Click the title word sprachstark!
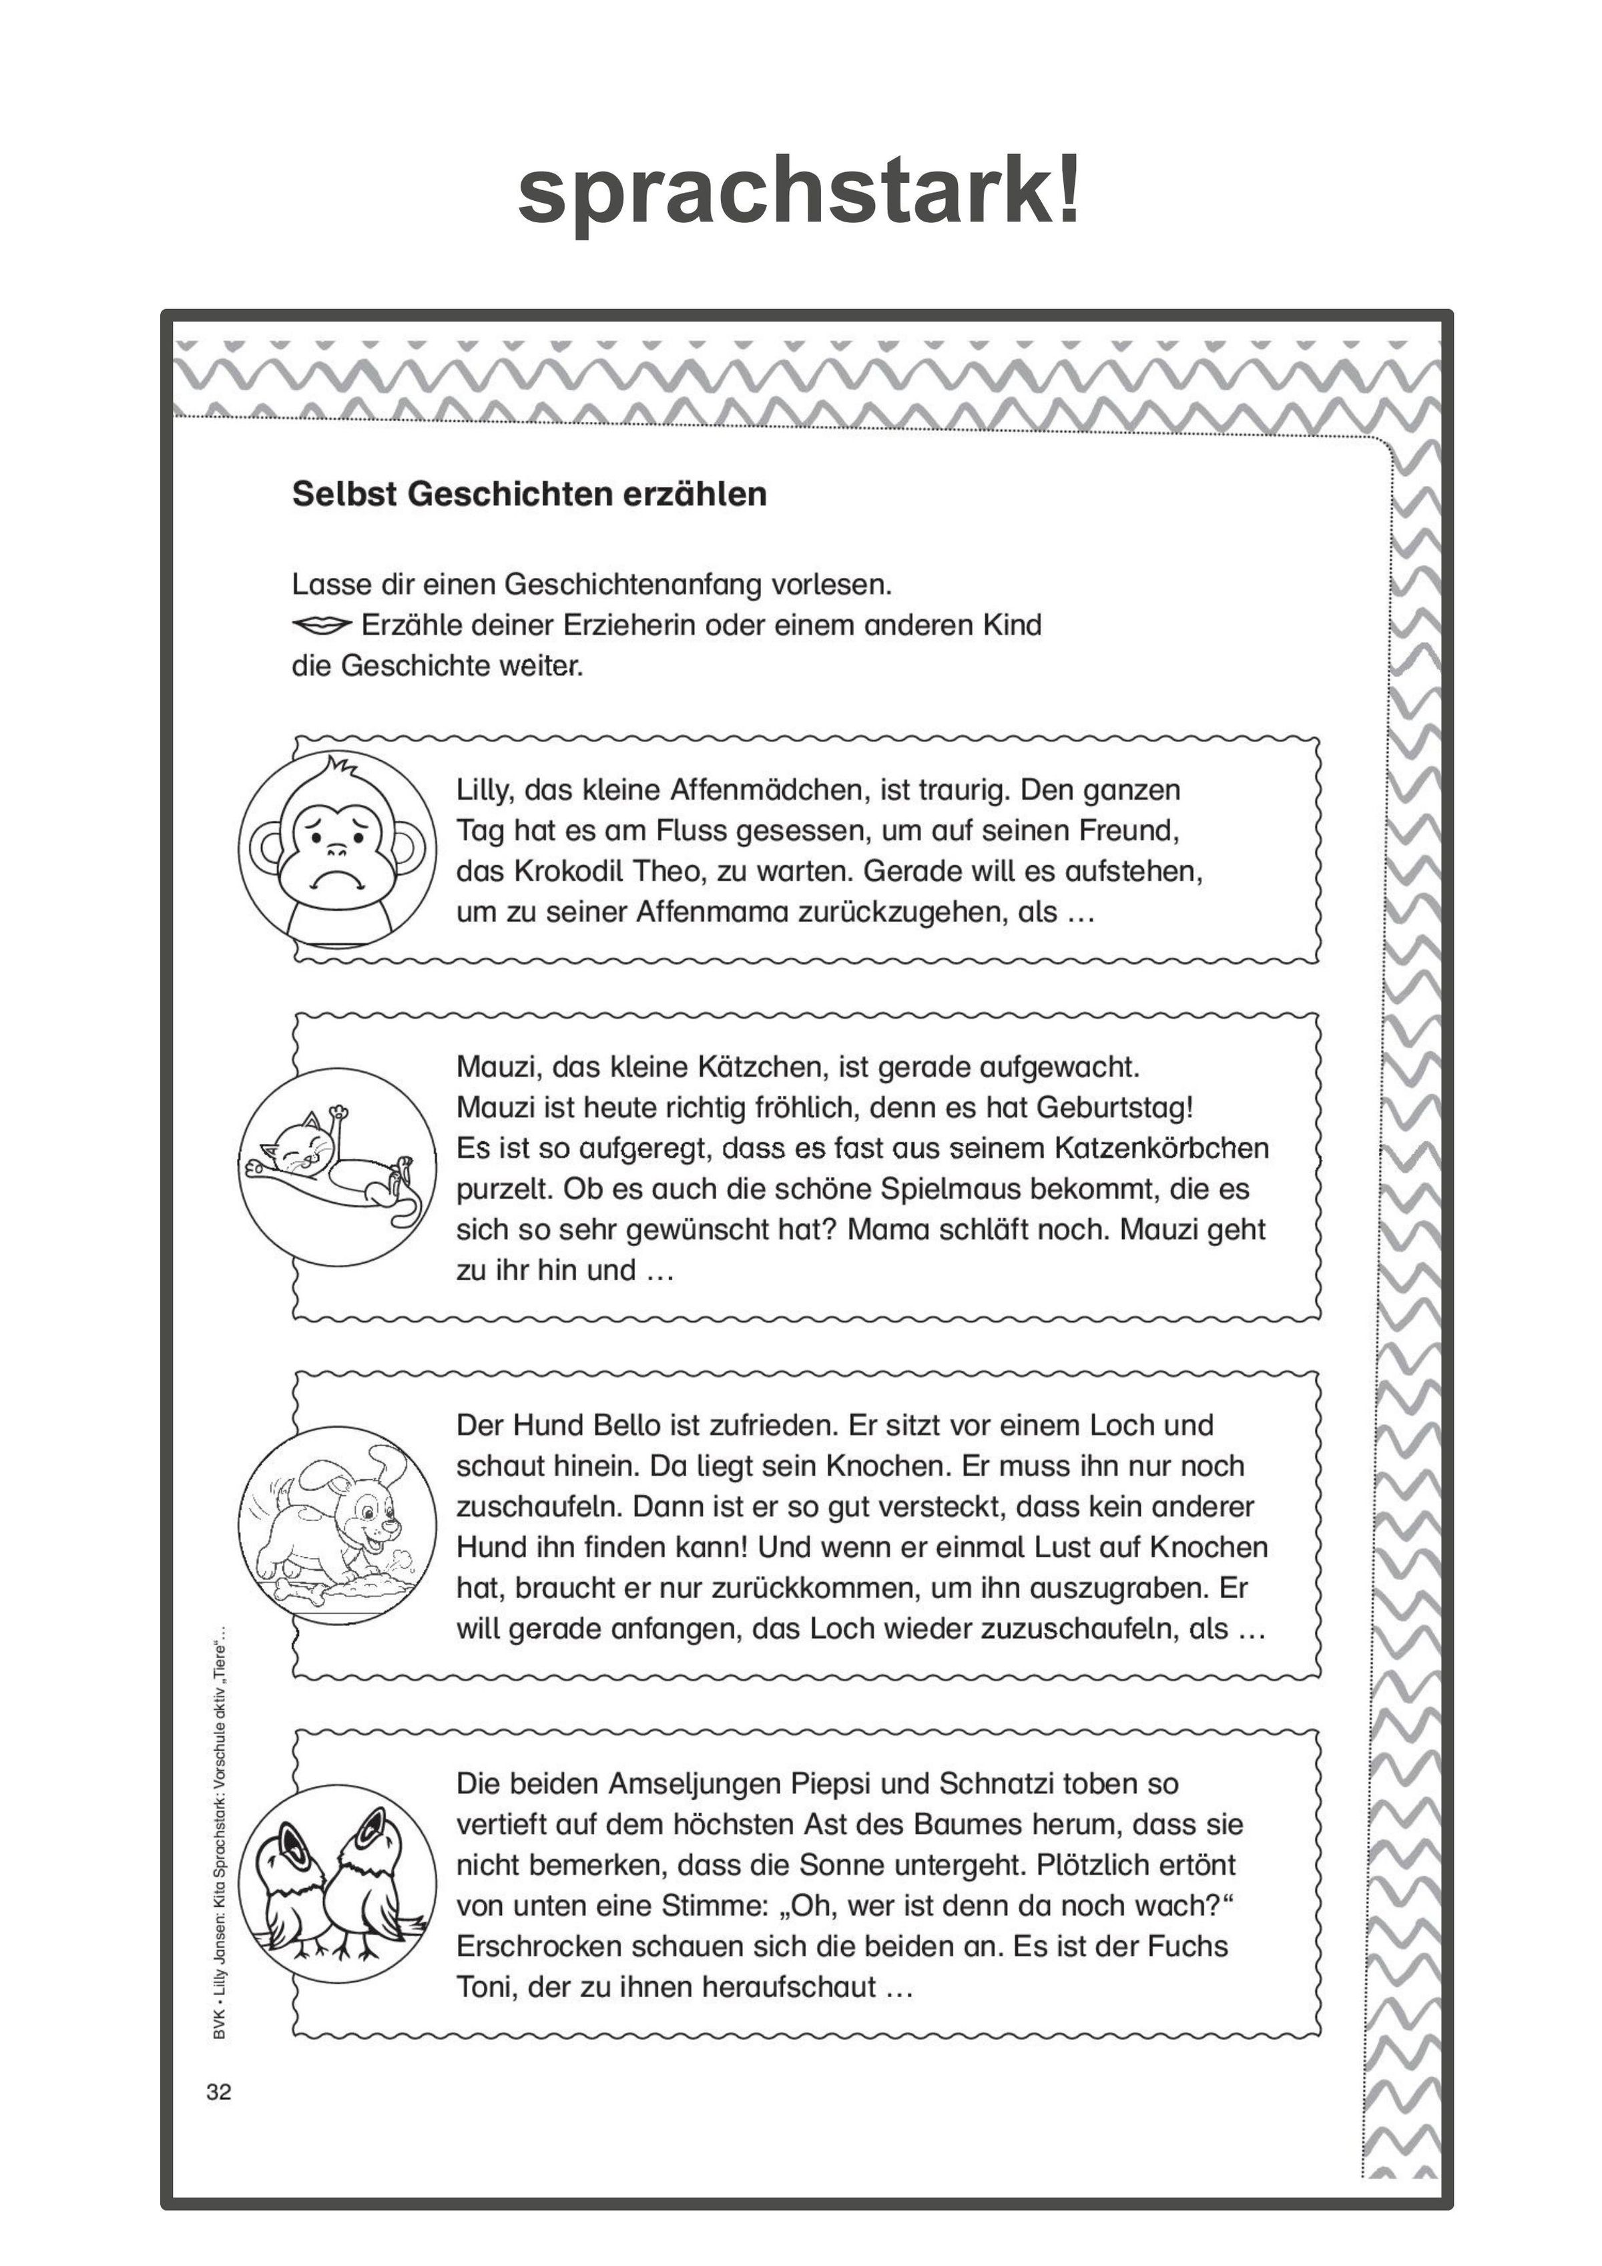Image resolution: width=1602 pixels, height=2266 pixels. [x=800, y=192]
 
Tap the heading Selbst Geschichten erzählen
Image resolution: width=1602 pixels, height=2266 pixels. [x=529, y=493]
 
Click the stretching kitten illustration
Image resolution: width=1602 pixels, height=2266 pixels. [x=338, y=1167]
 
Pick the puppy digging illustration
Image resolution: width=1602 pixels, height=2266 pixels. [x=338, y=1525]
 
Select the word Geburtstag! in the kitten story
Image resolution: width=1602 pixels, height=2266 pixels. [x=1115, y=1107]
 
